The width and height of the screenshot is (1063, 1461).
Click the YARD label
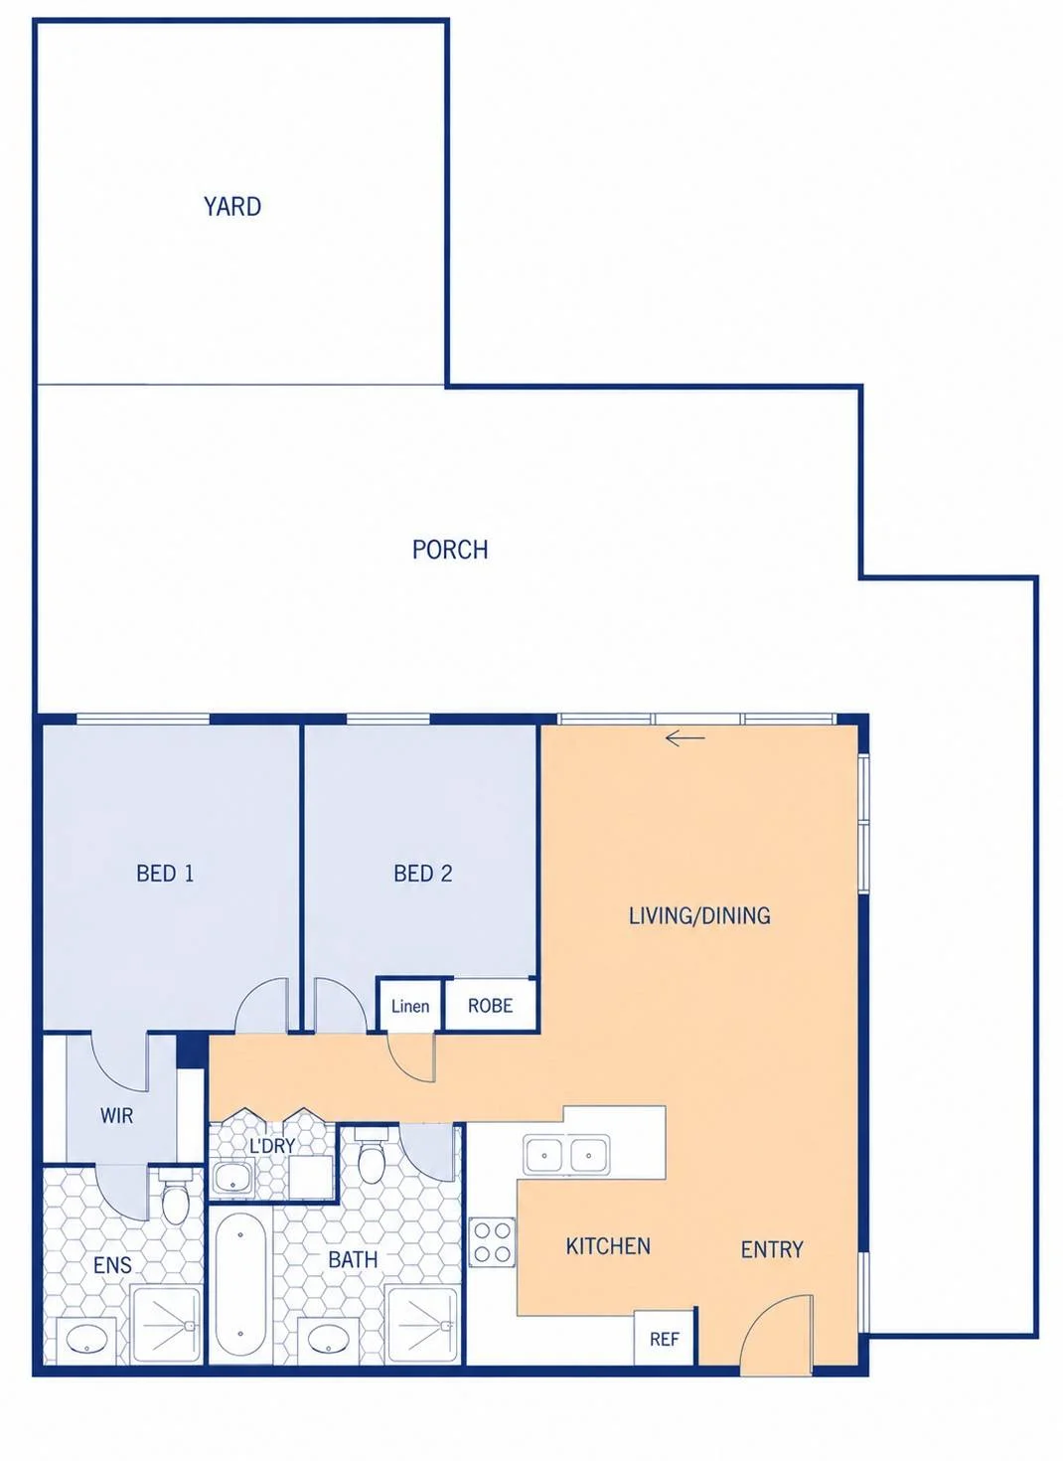coord(232,207)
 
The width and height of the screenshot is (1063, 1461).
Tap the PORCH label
coord(450,550)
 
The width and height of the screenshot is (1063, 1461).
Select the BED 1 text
coord(165,874)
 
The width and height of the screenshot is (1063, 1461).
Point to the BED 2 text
coord(423,874)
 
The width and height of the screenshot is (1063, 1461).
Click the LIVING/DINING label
coord(699,916)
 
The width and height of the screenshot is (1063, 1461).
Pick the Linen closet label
coord(410,1007)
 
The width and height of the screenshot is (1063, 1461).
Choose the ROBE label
coord(491,1006)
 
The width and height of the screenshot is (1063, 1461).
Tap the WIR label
coord(117,1115)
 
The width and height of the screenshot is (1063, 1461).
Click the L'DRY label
coord(272,1145)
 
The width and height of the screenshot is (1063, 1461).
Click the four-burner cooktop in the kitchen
coord(492,1242)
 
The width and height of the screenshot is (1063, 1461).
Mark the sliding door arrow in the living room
coord(684,738)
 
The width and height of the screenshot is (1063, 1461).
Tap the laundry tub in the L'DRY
coord(232,1178)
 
